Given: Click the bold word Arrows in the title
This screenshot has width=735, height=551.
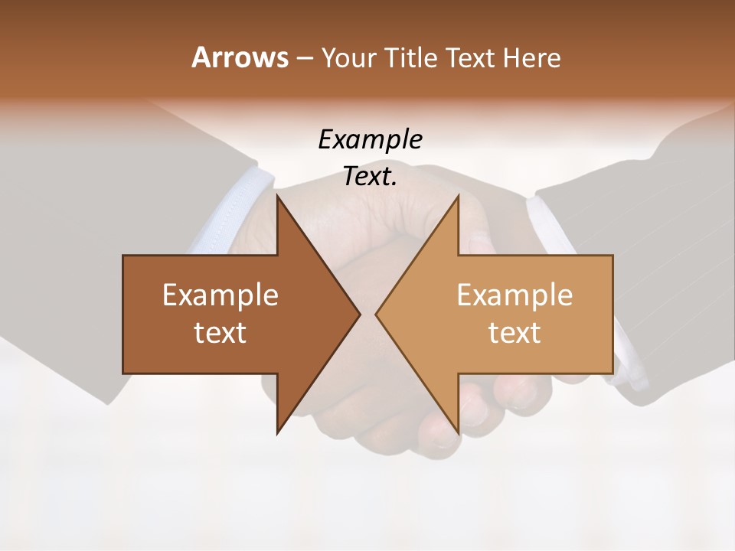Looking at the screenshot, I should [x=239, y=58].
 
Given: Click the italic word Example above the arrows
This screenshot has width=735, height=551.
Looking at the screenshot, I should [x=370, y=139].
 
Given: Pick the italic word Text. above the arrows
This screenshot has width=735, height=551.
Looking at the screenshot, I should [x=370, y=176].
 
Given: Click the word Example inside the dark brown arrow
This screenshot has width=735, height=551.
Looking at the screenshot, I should [x=220, y=295].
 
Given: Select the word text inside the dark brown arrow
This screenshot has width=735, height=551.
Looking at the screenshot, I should [x=220, y=332].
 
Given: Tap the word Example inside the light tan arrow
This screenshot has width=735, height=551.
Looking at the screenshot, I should [x=514, y=295].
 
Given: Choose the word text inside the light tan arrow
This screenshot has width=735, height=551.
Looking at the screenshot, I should [x=514, y=332].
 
